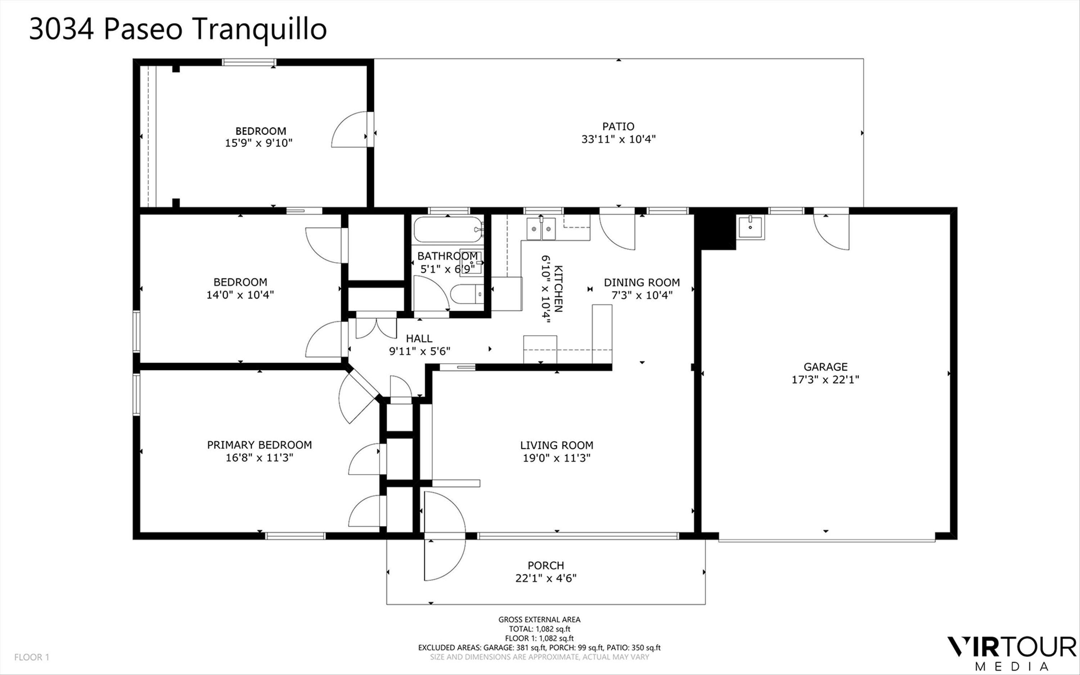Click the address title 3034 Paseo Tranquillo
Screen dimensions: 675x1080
pyautogui.click(x=177, y=30)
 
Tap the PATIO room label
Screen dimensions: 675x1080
pyautogui.click(x=618, y=126)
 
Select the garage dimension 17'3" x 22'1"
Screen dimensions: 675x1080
pyautogui.click(x=825, y=379)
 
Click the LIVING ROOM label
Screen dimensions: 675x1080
pyautogui.click(x=557, y=445)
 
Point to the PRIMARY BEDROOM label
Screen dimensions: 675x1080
pyautogui.click(x=259, y=445)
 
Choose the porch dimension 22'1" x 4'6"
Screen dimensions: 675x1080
pyautogui.click(x=546, y=578)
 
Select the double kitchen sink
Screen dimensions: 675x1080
pyautogui.click(x=541, y=229)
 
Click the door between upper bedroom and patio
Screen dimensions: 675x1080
pyautogui.click(x=352, y=130)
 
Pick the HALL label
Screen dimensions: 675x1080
pyautogui.click(x=419, y=339)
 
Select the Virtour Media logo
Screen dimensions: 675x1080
pyautogui.click(x=1011, y=652)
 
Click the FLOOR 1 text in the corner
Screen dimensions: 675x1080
pyautogui.click(x=32, y=657)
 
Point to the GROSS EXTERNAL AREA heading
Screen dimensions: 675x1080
pyautogui.click(x=539, y=619)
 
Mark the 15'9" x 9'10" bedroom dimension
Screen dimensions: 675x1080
pyautogui.click(x=259, y=143)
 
